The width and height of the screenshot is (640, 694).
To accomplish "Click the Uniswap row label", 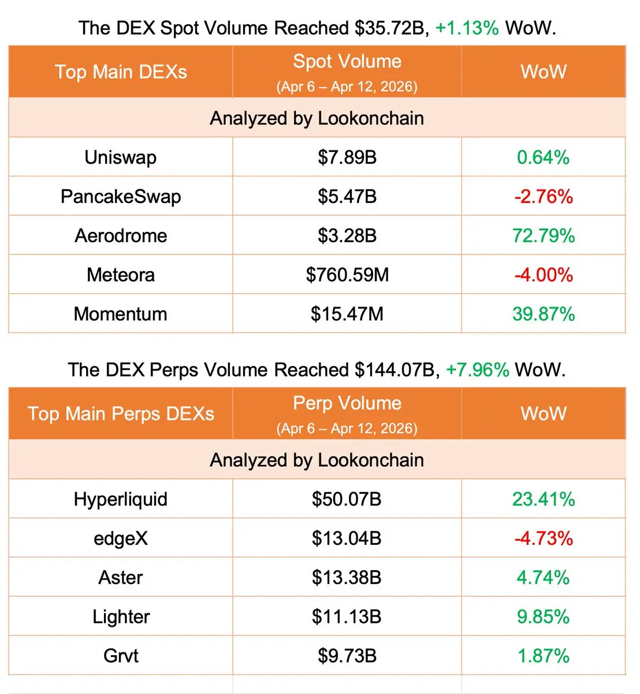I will (120, 157).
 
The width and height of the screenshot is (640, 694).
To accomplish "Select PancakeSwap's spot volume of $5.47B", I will (347, 197).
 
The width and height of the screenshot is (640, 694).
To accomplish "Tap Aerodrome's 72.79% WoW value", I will (544, 236).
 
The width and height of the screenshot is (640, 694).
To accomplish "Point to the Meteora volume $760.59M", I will (347, 275).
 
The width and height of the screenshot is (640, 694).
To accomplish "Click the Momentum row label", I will (120, 314).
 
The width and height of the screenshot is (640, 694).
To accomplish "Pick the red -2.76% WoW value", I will (544, 197).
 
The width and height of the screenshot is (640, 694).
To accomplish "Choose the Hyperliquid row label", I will (120, 499).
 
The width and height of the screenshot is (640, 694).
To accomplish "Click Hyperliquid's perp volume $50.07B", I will (347, 499).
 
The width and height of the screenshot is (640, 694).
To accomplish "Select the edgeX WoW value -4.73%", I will (544, 538).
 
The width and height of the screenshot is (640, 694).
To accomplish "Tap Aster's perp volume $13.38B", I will (347, 577).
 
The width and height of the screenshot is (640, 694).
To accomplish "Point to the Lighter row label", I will (121, 617).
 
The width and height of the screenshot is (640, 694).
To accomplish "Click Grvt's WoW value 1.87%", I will (544, 656).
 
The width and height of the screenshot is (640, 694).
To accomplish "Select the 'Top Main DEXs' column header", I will (121, 72).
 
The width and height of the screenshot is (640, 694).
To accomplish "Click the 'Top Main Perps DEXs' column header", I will (121, 414).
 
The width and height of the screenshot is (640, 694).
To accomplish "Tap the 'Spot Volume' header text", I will (347, 61).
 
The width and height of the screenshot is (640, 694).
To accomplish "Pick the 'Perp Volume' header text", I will (347, 403).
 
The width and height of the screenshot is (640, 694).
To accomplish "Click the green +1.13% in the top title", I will (467, 28).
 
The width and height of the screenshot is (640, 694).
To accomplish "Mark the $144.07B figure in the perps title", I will (395, 370).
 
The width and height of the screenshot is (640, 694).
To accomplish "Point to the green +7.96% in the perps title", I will (477, 370).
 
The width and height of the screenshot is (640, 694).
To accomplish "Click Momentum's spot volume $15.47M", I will (347, 314).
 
